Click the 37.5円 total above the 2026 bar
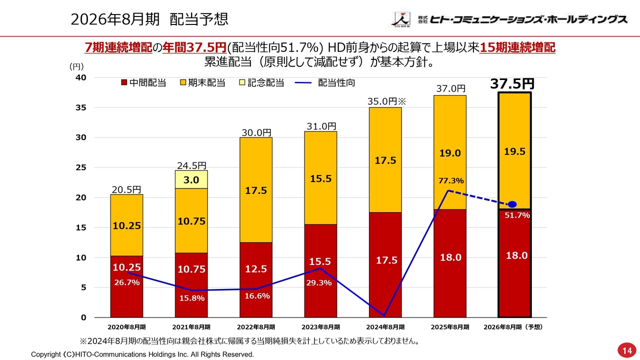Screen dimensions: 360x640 (x=512, y=83)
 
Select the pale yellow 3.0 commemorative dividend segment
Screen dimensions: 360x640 (x=191, y=179)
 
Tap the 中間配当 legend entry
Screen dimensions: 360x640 (x=143, y=83)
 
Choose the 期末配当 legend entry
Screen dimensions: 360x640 (x=202, y=83)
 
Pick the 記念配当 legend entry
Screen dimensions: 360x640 (x=261, y=83)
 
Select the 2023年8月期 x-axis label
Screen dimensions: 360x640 (x=320, y=327)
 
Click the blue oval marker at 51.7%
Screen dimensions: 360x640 (x=512, y=204)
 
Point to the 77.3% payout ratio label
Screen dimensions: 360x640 (x=451, y=180)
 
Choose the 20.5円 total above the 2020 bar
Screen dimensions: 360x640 (x=126, y=189)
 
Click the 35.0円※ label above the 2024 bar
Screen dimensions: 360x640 (x=388, y=101)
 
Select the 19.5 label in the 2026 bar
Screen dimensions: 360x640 (x=514, y=152)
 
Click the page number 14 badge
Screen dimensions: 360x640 (x=627, y=350)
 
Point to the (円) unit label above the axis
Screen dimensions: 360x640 (x=76, y=66)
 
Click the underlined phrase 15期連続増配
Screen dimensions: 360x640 (x=517, y=48)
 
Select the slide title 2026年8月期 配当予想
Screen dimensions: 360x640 (x=149, y=19)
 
